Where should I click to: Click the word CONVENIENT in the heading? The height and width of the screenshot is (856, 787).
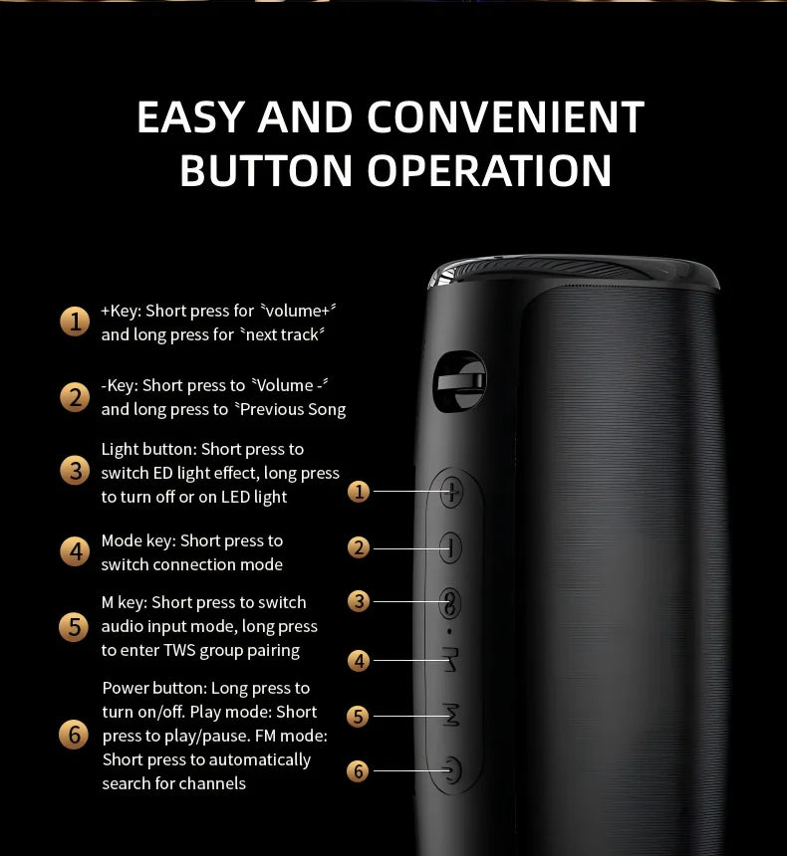[x=505, y=116]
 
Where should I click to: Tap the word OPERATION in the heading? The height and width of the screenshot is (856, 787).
[x=489, y=170]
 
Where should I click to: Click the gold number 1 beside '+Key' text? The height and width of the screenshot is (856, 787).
[x=75, y=321]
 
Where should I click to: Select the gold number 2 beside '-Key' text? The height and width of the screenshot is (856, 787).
[x=75, y=397]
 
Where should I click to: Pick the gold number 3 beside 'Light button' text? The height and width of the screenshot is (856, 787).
[x=75, y=471]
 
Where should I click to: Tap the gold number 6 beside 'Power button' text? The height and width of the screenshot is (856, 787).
[x=74, y=735]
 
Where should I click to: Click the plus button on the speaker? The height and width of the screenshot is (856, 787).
[x=451, y=492]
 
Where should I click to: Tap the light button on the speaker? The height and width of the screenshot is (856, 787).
[x=450, y=603]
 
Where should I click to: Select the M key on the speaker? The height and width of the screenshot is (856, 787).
[x=451, y=715]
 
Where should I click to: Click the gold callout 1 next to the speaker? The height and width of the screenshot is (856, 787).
[x=359, y=492]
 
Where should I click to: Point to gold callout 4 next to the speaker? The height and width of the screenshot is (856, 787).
[x=359, y=661]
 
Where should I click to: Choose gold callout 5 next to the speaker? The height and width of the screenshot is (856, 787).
[x=358, y=717]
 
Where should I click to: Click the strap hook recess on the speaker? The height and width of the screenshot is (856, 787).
[x=459, y=381]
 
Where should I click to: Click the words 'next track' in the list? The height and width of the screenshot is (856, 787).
[x=282, y=334]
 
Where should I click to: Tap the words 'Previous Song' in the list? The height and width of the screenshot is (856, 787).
[x=293, y=409]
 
